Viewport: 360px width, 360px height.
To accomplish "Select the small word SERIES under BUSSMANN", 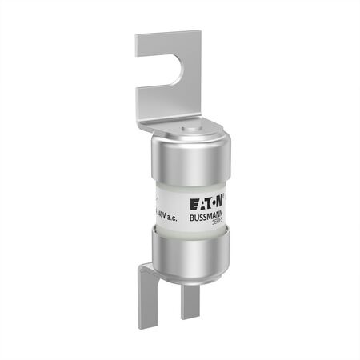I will point(214,225).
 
